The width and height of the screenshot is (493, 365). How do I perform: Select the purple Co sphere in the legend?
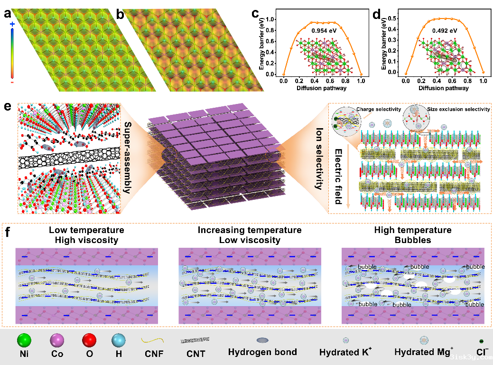58,340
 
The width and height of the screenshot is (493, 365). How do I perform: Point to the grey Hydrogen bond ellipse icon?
262,340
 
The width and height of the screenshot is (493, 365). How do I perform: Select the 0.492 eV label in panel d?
445,31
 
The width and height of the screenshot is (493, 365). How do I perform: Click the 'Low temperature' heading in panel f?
86,230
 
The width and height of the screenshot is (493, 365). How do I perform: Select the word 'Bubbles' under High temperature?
412,240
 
